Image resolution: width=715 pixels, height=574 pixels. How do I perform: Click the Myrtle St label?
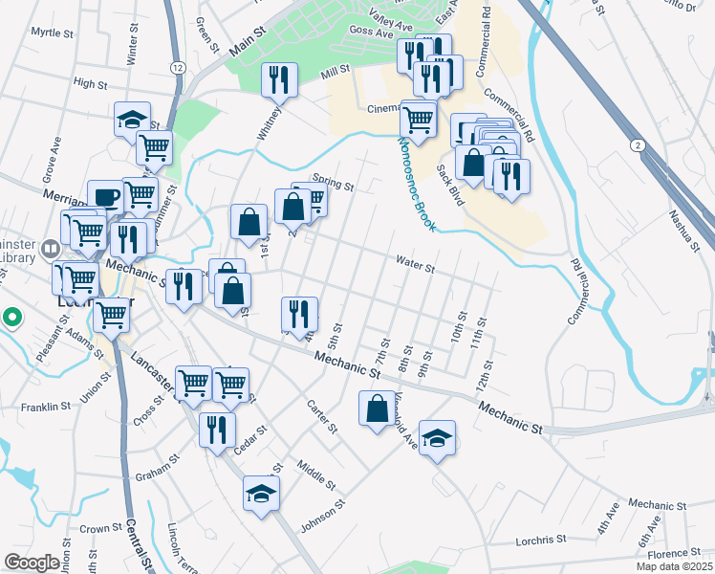[x=52, y=33]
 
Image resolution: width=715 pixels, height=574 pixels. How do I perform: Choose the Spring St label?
[x=336, y=186]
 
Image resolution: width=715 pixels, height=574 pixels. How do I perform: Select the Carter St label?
[x=323, y=416]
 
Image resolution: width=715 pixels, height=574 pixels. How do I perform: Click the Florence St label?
[x=674, y=554]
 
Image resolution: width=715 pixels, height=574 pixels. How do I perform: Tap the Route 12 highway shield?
[x=178, y=67]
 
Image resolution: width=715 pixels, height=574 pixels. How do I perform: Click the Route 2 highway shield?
[x=636, y=143]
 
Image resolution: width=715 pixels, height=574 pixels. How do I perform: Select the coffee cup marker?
[x=105, y=196]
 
